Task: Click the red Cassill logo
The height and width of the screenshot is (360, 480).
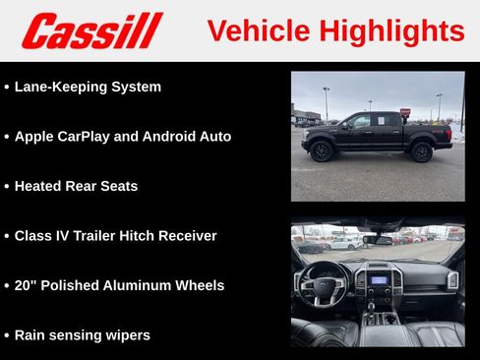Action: tap(91, 30)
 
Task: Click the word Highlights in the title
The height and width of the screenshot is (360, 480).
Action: tap(393, 31)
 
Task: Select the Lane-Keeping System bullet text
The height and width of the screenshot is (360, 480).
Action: tap(88, 87)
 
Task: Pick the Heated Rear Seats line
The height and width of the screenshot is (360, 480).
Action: tap(76, 186)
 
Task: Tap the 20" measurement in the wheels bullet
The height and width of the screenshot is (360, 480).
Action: tap(25, 285)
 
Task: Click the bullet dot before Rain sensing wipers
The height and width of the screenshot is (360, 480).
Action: tap(7, 335)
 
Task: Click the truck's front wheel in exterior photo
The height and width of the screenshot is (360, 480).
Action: tap(321, 150)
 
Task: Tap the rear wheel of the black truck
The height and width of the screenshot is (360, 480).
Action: tap(422, 151)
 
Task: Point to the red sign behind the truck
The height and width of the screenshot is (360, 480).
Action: tap(404, 113)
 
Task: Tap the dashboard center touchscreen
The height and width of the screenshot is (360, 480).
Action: tap(378, 279)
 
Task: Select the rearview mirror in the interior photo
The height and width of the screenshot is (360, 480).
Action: tap(378, 239)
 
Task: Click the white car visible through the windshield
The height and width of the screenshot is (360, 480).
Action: tap(344, 242)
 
